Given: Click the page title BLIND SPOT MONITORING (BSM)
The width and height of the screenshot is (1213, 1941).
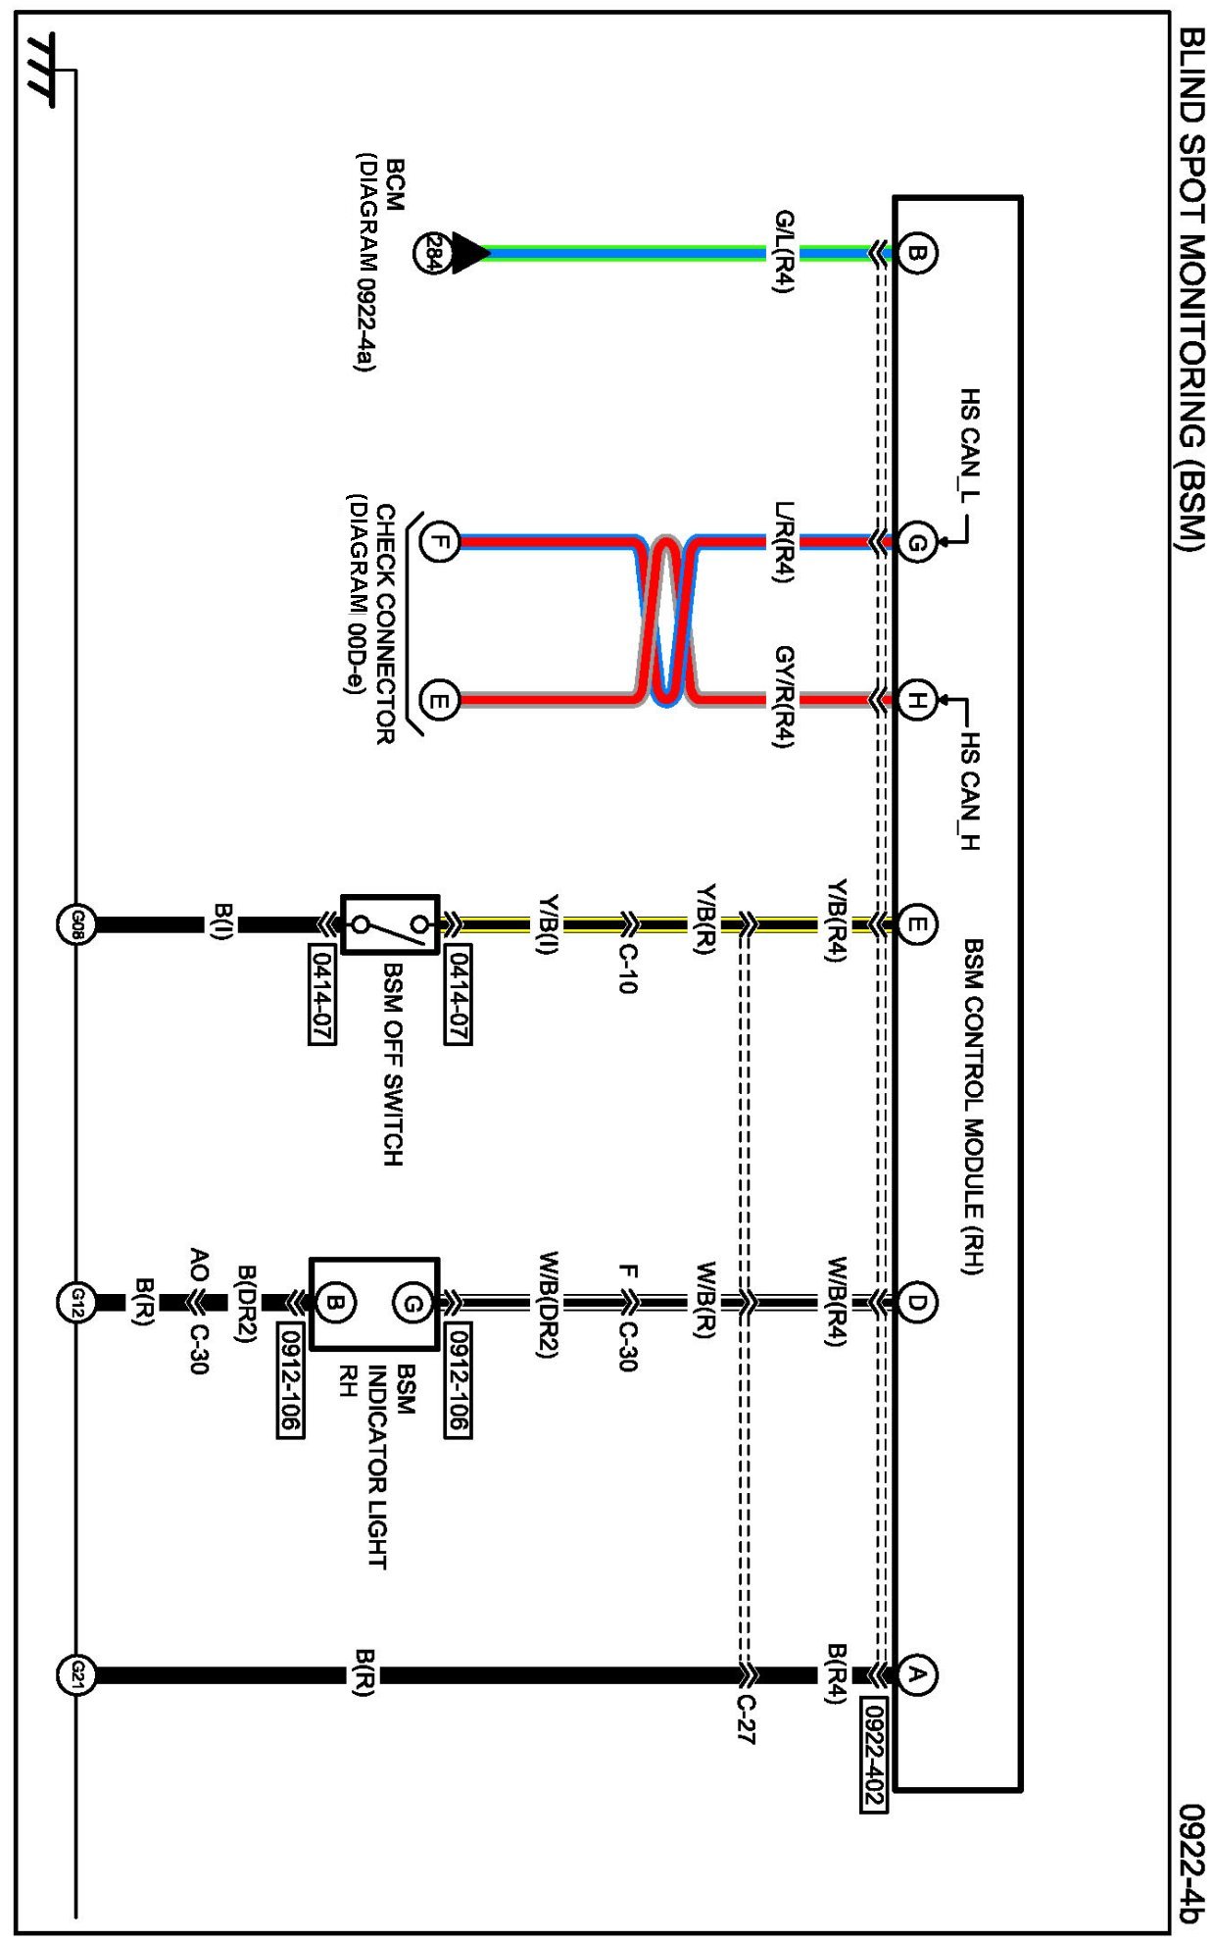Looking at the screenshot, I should pos(1189,289).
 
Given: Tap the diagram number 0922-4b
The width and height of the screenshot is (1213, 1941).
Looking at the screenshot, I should pos(1189,1863).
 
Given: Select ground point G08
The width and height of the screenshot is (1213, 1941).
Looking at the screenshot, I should pos(76,925).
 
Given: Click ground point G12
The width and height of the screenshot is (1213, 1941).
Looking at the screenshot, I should pos(76,1303).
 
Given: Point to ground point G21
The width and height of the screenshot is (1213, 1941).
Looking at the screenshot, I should pos(76,1674).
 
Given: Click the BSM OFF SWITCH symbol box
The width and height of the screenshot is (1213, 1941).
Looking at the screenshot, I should pos(389,924).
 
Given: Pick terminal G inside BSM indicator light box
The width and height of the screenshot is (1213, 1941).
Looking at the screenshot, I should pos(412,1303).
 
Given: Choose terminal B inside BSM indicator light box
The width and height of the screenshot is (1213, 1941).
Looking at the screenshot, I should pos(335,1303).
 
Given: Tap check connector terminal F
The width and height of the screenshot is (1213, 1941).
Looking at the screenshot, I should pos(439,541).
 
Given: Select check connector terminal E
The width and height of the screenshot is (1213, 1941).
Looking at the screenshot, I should pos(439,701).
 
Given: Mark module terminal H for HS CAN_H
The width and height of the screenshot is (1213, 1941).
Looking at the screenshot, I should pos(916,701).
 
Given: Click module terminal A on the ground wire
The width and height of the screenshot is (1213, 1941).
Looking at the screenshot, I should pos(916,1674).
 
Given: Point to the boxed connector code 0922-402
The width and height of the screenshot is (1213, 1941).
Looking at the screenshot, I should pos(873,1754).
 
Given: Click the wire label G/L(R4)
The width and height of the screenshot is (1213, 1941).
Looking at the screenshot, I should pos(785,252).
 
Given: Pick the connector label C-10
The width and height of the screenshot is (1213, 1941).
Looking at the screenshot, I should pos(628,970).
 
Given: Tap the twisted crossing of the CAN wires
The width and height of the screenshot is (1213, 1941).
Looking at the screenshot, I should pos(666,622).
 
